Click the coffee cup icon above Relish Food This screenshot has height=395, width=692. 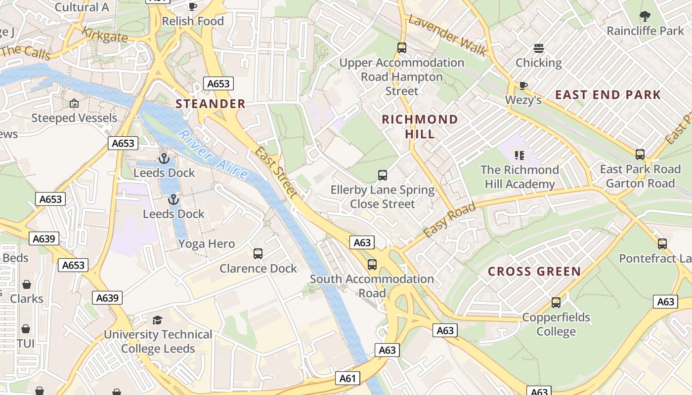click(x=193, y=6)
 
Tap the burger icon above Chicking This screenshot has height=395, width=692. click(x=539, y=48)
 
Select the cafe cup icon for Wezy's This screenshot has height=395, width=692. click(x=523, y=86)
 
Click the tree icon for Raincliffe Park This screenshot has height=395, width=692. click(x=645, y=16)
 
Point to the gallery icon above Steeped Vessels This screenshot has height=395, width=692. click(x=74, y=103)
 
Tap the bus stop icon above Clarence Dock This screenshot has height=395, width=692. click(x=258, y=254)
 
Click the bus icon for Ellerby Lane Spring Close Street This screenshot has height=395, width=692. click(x=383, y=175)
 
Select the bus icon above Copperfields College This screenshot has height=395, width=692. click(x=556, y=302)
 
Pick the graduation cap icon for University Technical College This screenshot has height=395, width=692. click(x=157, y=320)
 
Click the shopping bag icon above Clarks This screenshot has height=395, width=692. click(x=27, y=284)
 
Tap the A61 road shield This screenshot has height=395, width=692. click(x=347, y=378)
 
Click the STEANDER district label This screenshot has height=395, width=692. click(x=211, y=104)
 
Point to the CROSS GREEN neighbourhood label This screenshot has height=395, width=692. click(x=534, y=272)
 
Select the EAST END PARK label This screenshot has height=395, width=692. click(x=608, y=95)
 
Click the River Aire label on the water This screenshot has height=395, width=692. click(x=213, y=154)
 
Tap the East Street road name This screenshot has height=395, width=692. click(x=277, y=172)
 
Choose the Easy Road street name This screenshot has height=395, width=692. click(x=449, y=219)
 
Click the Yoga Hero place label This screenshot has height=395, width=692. click(x=207, y=243)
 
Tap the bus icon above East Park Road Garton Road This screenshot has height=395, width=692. click(x=640, y=154)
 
